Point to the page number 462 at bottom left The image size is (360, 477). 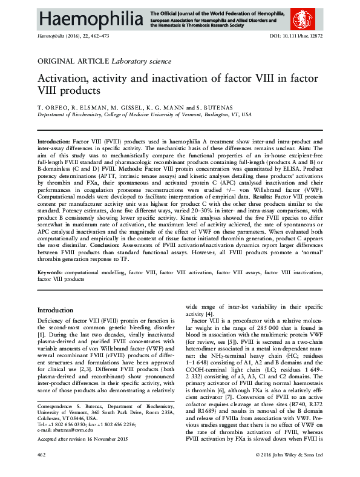pos(42,470)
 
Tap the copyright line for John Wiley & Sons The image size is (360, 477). pos(289,470)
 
